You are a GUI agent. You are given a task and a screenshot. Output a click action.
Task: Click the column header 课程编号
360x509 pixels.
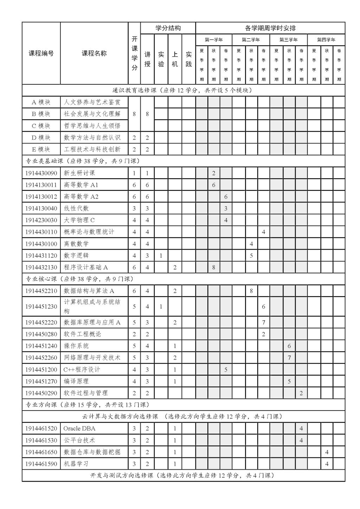[41, 53]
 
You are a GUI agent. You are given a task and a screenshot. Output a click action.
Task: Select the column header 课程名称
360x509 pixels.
[94, 53]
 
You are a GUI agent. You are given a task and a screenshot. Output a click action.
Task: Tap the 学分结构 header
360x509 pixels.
[168, 28]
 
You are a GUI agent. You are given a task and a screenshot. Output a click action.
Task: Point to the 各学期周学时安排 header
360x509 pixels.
[270, 28]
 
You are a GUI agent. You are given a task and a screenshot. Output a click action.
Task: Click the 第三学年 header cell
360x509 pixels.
[288, 40]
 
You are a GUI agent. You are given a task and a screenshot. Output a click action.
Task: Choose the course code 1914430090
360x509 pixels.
[41, 173]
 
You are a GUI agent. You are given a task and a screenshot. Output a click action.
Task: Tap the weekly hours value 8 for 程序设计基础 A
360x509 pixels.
[213, 267]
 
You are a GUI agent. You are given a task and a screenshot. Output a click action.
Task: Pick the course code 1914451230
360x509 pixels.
[41, 307]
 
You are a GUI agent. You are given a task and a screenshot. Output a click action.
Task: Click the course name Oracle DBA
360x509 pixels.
[79, 429]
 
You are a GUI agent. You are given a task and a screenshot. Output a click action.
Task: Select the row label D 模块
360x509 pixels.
[41, 137]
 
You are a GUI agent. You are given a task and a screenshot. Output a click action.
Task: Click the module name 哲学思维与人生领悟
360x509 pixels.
[92, 126]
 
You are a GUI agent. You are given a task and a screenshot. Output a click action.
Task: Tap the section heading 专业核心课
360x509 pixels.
[41, 279]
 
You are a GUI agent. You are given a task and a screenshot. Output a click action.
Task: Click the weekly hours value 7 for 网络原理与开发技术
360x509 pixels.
[289, 358]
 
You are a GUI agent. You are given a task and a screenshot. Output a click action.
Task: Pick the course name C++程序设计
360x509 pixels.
[82, 369]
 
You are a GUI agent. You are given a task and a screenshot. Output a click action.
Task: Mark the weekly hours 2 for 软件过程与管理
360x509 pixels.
[301, 393]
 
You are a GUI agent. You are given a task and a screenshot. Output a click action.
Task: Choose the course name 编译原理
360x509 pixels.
[76, 381]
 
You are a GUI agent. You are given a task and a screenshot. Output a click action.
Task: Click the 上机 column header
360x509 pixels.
[175, 59]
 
